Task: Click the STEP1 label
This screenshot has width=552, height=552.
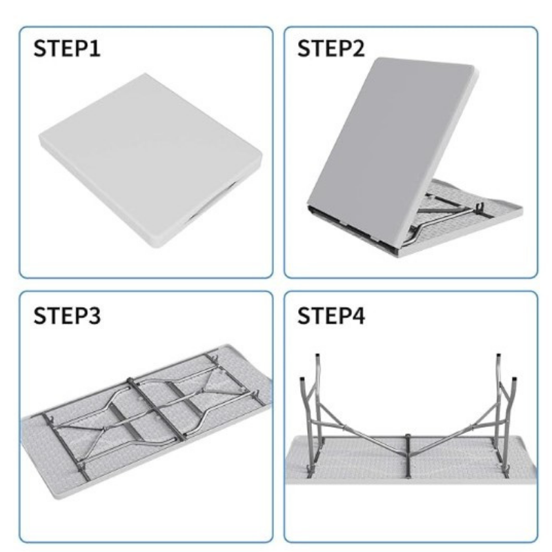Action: point(67,48)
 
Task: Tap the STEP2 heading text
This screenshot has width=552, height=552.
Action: point(331,48)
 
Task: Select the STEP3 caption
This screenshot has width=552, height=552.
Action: point(67,315)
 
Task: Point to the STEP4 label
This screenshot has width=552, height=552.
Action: point(331,315)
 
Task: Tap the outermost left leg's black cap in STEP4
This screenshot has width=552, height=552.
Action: point(302,380)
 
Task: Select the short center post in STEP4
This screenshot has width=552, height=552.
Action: point(408,456)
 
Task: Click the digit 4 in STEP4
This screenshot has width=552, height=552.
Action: point(357,315)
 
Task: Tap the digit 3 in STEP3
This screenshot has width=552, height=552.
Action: point(94,316)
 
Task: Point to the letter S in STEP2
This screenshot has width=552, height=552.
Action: point(304,48)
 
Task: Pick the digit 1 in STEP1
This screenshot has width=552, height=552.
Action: point(95,48)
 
